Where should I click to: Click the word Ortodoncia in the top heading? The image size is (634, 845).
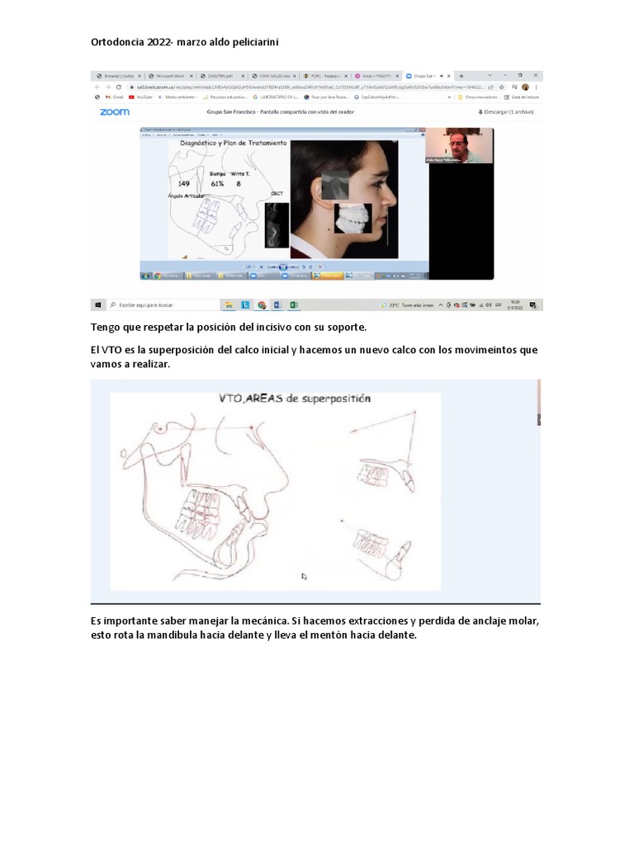(116, 40)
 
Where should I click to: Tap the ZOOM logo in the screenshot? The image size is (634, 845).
(114, 112)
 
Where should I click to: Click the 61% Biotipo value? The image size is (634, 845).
(218, 183)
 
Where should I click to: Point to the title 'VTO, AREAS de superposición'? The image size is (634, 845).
(295, 398)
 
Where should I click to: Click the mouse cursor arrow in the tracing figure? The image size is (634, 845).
(304, 576)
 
